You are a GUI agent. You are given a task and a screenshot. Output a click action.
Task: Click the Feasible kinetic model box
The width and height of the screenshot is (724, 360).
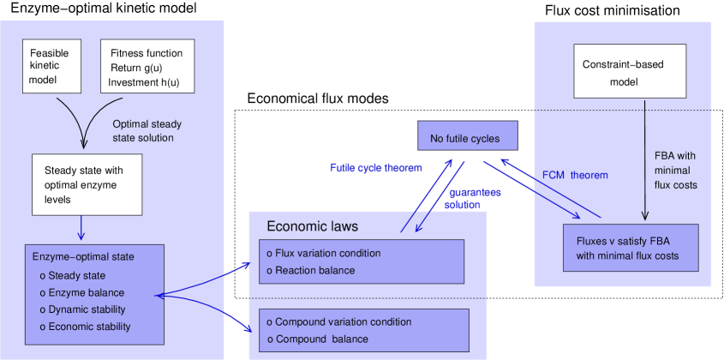tap(51, 66)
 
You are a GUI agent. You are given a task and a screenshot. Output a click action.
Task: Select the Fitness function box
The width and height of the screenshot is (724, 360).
tap(147, 66)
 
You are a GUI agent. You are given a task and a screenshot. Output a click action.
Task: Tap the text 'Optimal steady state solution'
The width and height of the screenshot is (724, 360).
tap(147, 130)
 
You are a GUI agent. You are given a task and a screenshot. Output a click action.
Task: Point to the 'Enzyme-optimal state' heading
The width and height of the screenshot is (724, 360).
tap(83, 256)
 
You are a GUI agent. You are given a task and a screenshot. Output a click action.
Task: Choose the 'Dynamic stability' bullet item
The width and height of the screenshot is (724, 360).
tap(87, 309)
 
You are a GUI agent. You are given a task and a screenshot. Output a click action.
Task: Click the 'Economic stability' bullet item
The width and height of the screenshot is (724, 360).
tap(89, 327)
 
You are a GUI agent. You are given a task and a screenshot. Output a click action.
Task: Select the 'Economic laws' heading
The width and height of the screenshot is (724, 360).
tap(312, 226)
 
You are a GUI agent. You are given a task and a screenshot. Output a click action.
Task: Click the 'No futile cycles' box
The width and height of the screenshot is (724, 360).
tap(469, 138)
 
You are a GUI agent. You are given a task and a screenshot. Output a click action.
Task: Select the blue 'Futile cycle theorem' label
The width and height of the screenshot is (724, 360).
tap(376, 168)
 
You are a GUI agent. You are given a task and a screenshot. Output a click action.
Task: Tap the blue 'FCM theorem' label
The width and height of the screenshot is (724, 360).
tap(575, 175)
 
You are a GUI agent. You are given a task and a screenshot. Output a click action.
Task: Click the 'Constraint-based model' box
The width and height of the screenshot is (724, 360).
tap(630, 72)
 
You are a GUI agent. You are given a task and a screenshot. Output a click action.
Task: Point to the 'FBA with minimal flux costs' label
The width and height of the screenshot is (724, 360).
tap(674, 171)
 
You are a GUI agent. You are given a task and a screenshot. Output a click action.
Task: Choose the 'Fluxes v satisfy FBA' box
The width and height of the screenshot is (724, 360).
tap(630, 248)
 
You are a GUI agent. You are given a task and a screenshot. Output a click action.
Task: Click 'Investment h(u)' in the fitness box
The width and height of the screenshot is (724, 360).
tap(144, 82)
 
